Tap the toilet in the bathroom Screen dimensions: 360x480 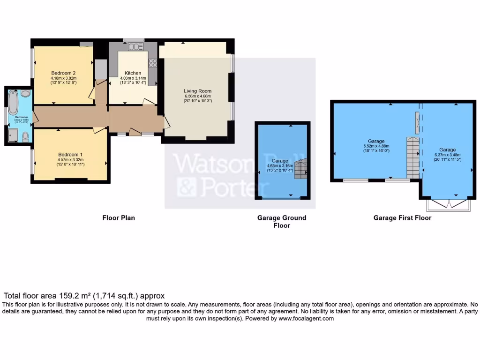tap(25, 136)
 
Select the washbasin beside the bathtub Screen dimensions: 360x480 tap(25, 93)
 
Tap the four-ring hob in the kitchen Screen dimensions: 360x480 tap(152, 63)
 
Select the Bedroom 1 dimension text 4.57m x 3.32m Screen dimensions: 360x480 tap(70, 160)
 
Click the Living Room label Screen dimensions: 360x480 tap(197, 91)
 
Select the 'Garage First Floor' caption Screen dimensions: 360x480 tap(402, 217)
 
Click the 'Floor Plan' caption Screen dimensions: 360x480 tap(119, 217)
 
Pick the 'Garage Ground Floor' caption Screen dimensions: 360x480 tap(282, 221)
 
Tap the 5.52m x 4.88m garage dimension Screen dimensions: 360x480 tap(376, 146)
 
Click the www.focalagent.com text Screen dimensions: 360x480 tap(306, 318)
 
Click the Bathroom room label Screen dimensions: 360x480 tap(21, 117)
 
